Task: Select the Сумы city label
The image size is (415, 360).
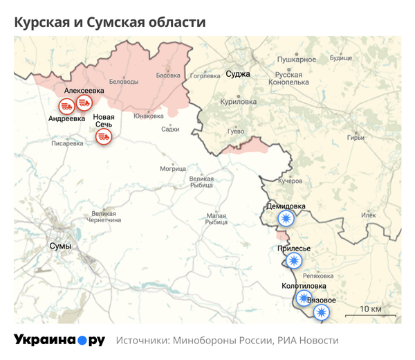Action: pos(61,246)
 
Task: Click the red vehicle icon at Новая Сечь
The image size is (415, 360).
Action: pos(104,136)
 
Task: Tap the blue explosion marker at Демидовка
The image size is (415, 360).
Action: pos(285,219)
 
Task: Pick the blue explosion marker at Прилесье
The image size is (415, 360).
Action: pos(294,260)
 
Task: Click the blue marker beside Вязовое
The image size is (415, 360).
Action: pos(320,312)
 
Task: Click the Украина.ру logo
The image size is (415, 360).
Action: pos(59,341)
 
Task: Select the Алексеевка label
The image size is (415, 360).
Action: pos(84,91)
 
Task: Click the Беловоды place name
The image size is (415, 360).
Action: pos(124,82)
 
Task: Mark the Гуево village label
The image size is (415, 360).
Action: pos(236,131)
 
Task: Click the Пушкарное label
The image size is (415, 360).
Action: pos(297,60)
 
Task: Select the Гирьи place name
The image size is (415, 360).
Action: pos(376,137)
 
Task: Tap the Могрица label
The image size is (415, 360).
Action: pos(173,168)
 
